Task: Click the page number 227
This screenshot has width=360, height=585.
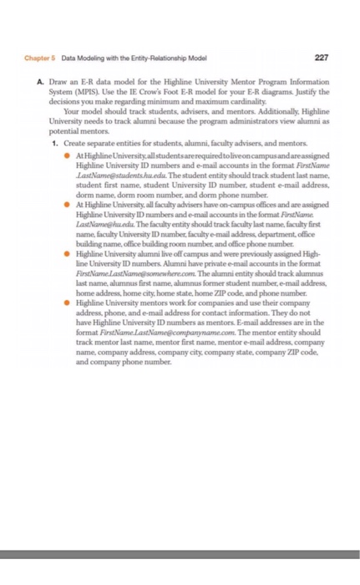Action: [322, 57]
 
